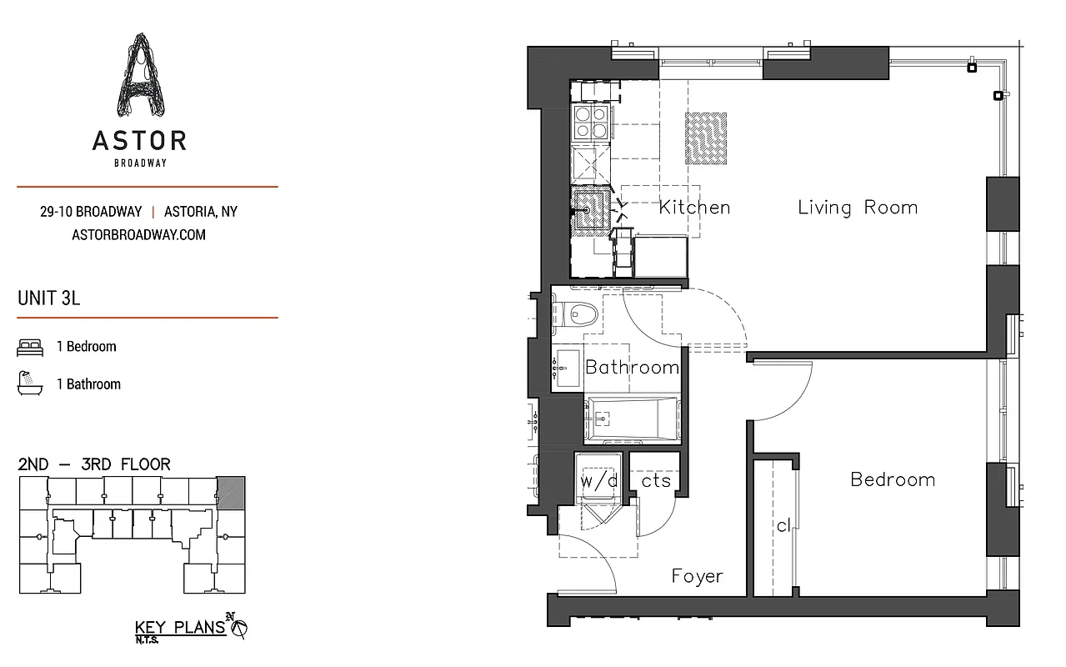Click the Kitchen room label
point(694,208)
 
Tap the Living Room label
point(857,208)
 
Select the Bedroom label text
point(892,479)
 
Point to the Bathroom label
point(632,367)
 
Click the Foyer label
point(697,576)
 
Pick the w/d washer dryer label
point(598,481)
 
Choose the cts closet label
point(656,481)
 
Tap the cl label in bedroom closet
point(783,526)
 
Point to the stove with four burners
point(592,123)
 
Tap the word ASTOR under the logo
point(139,140)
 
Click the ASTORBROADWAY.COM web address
point(139,235)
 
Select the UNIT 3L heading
point(48,298)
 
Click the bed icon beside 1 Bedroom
point(30,347)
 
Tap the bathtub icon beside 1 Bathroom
point(30,384)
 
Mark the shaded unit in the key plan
point(231,492)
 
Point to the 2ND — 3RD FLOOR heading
point(93,464)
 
